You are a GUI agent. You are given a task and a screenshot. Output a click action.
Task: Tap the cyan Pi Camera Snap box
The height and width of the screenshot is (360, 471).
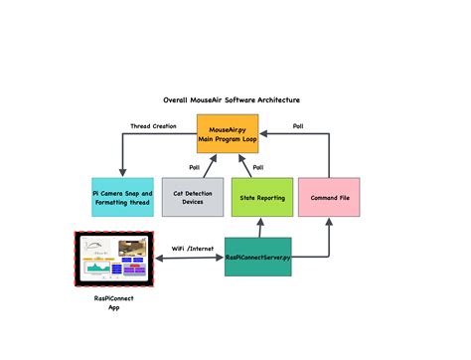pyautogui.click(x=122, y=197)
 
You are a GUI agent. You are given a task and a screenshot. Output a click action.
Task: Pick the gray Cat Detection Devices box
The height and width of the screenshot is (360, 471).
pyautogui.click(x=193, y=197)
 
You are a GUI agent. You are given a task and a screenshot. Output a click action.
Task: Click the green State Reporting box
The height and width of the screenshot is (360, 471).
pyautogui.click(x=261, y=197)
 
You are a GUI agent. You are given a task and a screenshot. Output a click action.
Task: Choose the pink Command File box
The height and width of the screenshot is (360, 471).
pyautogui.click(x=330, y=197)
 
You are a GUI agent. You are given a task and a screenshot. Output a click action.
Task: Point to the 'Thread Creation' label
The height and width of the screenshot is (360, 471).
pyautogui.click(x=154, y=126)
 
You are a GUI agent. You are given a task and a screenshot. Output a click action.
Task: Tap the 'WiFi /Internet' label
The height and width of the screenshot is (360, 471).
pyautogui.click(x=192, y=249)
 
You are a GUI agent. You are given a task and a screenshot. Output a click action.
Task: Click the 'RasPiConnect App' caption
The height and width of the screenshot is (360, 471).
pyautogui.click(x=111, y=301)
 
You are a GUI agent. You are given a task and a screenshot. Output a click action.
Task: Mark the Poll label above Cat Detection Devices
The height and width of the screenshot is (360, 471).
pyautogui.click(x=195, y=167)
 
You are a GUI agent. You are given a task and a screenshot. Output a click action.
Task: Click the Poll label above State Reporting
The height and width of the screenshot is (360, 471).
pyautogui.click(x=258, y=167)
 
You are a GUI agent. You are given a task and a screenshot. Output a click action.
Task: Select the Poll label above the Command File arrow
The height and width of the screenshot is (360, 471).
pyautogui.click(x=297, y=126)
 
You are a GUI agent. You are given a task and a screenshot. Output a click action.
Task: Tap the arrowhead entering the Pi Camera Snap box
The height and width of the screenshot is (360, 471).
pyautogui.click(x=122, y=173)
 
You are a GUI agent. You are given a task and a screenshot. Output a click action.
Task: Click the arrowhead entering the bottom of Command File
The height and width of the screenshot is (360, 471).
pyautogui.click(x=330, y=222)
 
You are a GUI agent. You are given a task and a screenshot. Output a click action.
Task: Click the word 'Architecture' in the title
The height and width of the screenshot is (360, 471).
pyautogui.click(x=274, y=100)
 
